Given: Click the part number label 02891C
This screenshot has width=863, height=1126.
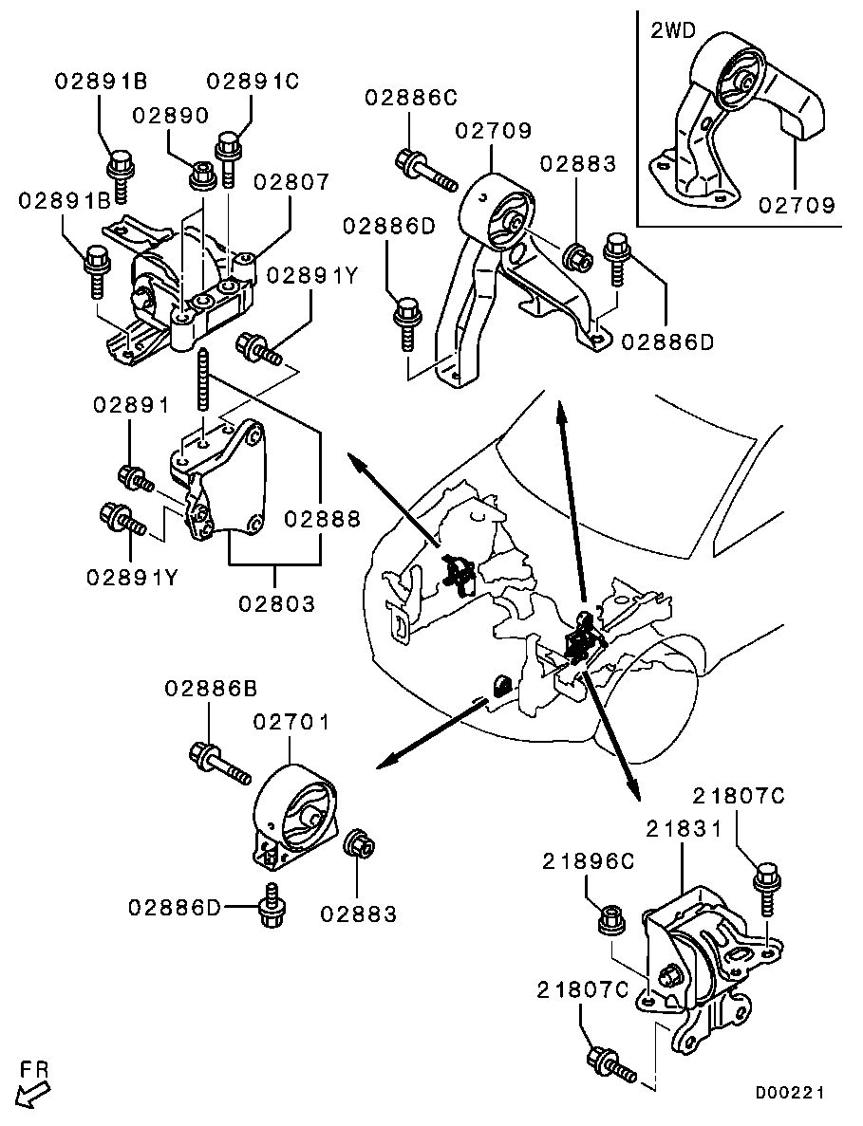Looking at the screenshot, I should (x=253, y=82).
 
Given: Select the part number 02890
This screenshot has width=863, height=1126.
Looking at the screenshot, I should (x=170, y=116).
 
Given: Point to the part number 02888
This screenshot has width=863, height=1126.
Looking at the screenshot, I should (x=323, y=519).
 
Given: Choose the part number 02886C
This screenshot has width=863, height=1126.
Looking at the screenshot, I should (x=410, y=96).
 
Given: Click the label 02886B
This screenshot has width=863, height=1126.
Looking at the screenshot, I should (x=211, y=690).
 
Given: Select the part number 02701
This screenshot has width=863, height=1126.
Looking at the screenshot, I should (x=291, y=722).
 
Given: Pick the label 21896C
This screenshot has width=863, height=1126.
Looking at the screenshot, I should (x=588, y=861).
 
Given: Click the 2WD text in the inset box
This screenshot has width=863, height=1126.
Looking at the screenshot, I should (x=673, y=31).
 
